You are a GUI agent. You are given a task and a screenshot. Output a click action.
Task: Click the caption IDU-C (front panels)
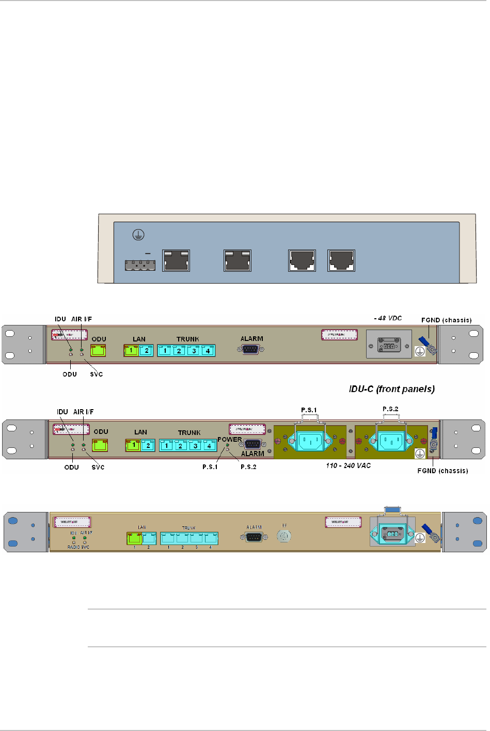click(391, 389)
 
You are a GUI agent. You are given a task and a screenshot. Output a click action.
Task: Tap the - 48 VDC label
click(388, 318)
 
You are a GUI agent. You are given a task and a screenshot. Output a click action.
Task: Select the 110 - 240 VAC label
click(348, 465)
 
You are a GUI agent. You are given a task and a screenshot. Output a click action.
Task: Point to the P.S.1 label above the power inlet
click(309, 410)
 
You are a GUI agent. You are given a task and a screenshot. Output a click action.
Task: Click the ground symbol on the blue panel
click(137, 235)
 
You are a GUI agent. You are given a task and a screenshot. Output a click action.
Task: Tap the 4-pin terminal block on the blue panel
click(140, 265)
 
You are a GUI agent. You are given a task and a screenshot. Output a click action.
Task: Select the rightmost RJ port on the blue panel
click(341, 261)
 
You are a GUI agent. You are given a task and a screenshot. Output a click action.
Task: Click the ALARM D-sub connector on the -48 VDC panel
click(251, 350)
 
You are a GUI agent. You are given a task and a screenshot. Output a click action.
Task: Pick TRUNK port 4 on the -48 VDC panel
click(208, 351)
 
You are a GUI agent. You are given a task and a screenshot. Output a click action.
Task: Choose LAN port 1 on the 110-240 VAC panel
click(133, 445)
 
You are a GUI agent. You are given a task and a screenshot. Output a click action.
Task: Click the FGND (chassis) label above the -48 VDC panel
click(446, 320)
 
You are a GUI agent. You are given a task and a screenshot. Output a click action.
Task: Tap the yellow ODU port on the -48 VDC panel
click(99, 350)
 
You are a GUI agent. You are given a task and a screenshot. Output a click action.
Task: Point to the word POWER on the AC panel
click(229, 440)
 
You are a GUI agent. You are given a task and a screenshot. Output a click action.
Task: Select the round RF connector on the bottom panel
click(283, 536)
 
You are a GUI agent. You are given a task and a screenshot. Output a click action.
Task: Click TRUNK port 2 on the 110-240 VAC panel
click(181, 445)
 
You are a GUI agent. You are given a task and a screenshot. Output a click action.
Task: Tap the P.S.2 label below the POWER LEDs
click(248, 467)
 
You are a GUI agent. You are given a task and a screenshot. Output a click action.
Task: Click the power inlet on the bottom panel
click(392, 532)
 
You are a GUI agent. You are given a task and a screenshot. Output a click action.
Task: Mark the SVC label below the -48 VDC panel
click(97, 375)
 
